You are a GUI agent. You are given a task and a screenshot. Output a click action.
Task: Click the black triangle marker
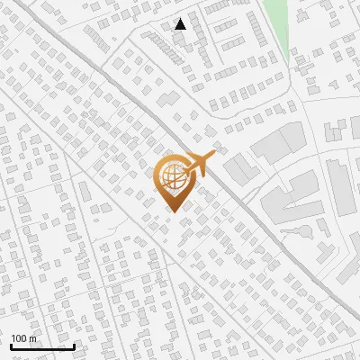point(181,24)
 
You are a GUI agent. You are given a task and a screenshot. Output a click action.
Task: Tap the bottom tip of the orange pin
point(171,211)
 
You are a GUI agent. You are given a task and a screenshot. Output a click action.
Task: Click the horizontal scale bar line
point(42,346)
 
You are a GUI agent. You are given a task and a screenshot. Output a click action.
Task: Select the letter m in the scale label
point(33,338)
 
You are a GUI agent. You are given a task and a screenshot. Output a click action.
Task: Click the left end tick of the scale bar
point(11,345)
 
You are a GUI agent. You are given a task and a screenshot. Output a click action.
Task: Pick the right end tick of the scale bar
point(74,345)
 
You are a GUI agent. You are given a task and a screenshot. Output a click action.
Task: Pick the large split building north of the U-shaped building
point(279,142)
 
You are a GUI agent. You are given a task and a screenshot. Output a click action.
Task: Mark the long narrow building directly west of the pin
point(83,193)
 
